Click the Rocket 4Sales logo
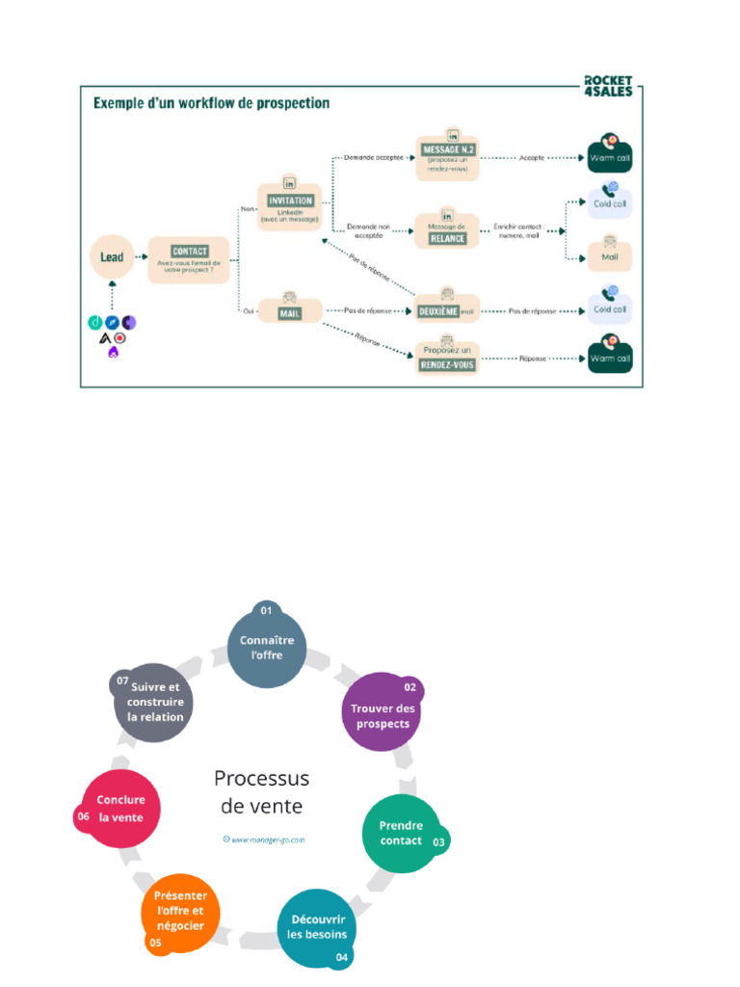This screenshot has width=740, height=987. coord(609,85)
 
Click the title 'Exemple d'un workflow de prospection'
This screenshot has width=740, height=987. coord(211,103)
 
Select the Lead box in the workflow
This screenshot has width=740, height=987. coord(113,257)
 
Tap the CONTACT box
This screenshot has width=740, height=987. coord(189,259)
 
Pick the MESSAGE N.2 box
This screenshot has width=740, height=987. coord(448,155)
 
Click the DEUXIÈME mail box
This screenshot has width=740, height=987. coord(447,308)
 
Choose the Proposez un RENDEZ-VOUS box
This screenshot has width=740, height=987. coord(447,357)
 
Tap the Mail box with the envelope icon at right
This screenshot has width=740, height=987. coord(609,253)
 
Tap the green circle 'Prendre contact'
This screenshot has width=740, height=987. coord(401,833)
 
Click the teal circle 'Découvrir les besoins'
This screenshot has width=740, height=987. coord(318,926)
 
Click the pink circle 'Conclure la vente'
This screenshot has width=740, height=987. coord(120,808)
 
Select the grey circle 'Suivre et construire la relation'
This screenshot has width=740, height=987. coord(155,701)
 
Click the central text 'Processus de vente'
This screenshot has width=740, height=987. coord(261,791)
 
